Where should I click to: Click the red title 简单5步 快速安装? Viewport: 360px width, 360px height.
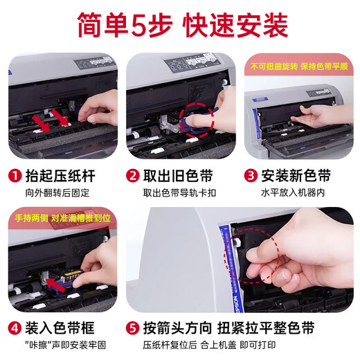click(x=183, y=25)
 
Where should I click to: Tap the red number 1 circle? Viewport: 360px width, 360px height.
click(x=15, y=176)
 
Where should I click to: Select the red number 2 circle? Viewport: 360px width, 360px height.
click(x=133, y=176)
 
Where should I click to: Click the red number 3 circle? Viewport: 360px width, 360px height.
click(x=251, y=176)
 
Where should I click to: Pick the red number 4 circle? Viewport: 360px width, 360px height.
click(x=15, y=328)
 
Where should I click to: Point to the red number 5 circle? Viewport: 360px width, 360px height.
click(x=133, y=328)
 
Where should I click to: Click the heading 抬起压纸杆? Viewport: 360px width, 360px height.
click(x=60, y=176)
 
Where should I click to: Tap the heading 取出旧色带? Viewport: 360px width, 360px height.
click(x=178, y=176)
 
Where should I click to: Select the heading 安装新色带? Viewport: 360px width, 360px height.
click(x=296, y=176)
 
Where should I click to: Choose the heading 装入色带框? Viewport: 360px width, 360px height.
click(x=60, y=328)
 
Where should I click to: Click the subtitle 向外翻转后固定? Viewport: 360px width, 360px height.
click(x=57, y=193)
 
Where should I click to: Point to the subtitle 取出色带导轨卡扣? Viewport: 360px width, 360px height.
click(x=179, y=193)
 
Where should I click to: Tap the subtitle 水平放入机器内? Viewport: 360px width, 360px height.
click(x=293, y=193)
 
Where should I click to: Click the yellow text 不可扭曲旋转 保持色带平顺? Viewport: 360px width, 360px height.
click(x=299, y=66)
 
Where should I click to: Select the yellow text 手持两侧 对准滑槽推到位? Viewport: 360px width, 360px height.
click(x=62, y=218)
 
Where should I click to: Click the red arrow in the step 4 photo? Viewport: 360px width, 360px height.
click(x=55, y=285)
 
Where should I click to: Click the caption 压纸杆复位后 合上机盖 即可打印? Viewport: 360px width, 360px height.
click(x=209, y=345)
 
